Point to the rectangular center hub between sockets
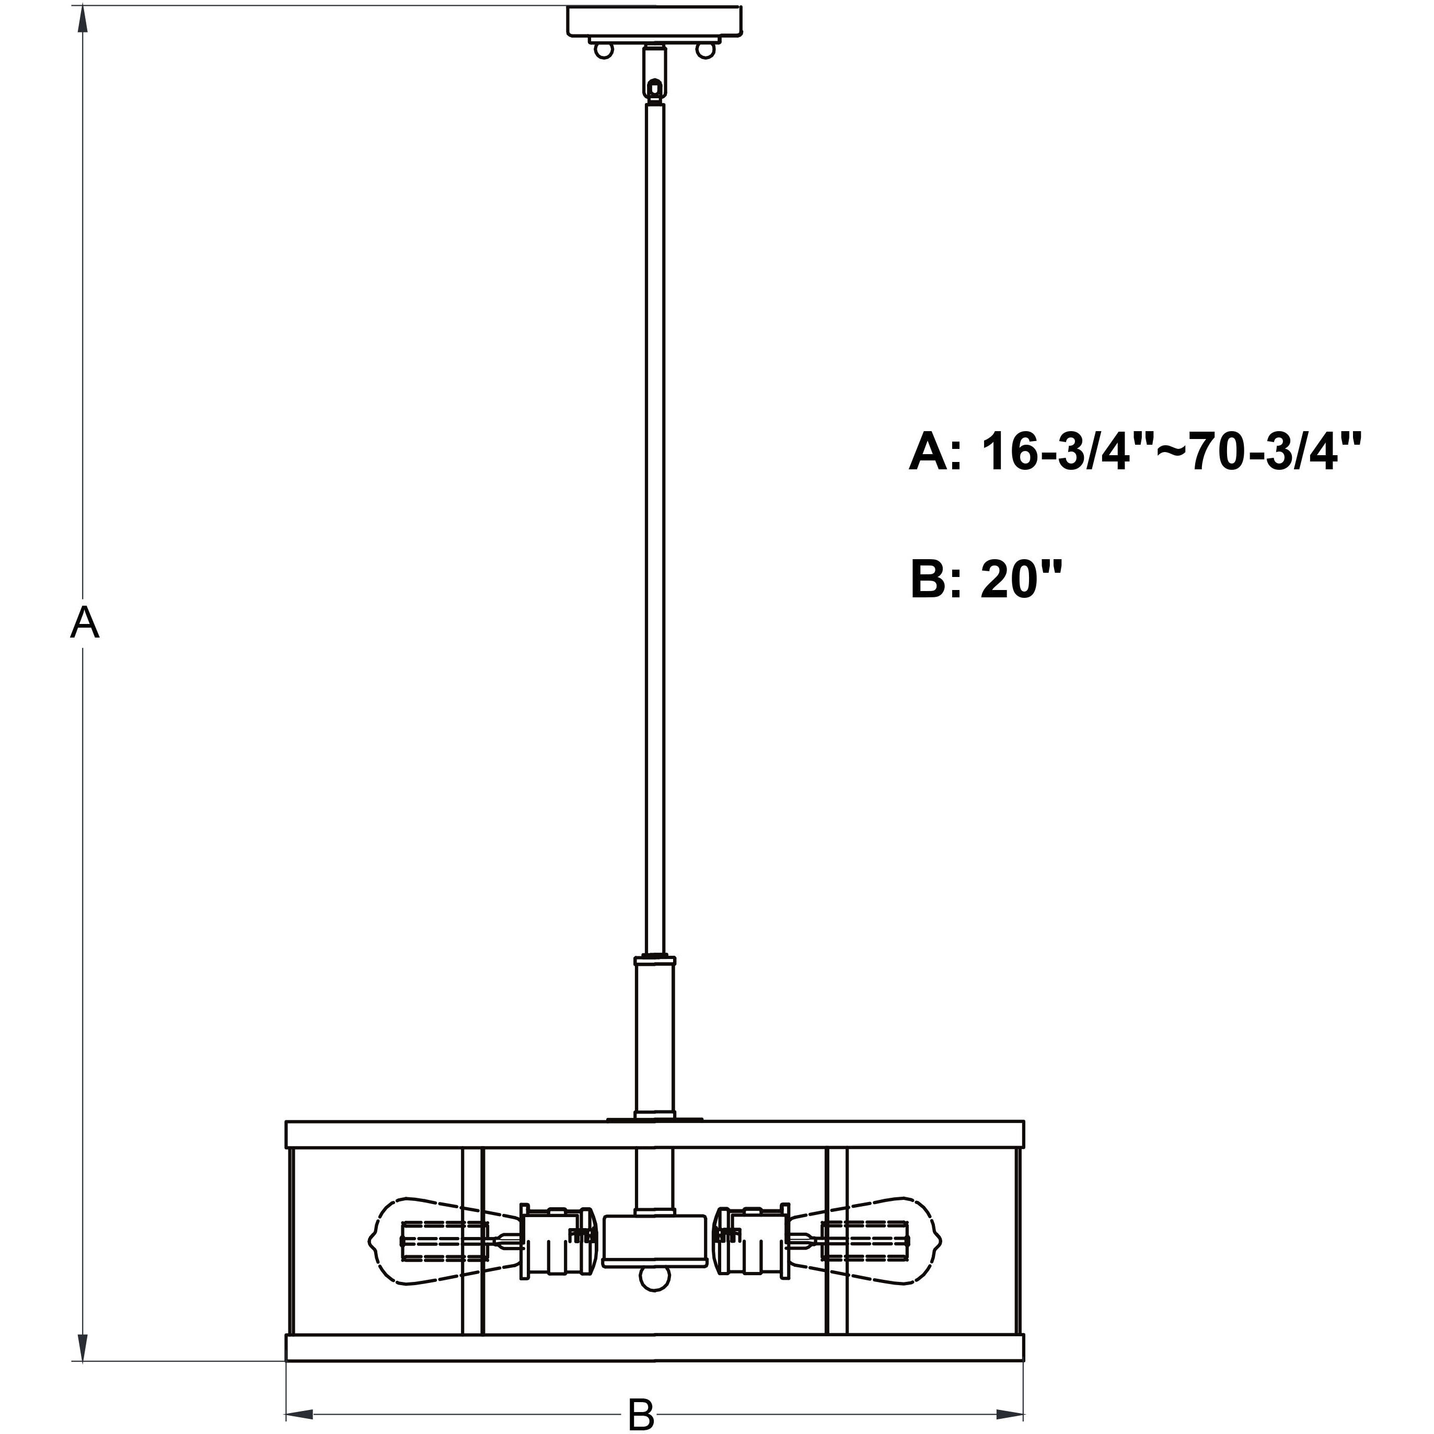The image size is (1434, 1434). [654, 1241]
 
